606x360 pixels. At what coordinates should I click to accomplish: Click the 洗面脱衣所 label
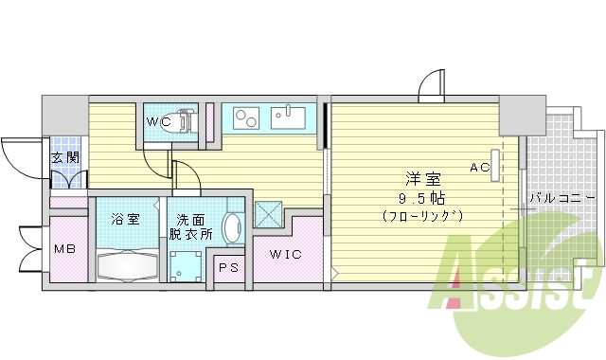190,226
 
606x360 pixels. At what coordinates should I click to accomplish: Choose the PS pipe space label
229,268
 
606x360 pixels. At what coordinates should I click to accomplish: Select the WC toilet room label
159,122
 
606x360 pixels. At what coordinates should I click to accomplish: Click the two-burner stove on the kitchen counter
246,119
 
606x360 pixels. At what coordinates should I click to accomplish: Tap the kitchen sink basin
289,119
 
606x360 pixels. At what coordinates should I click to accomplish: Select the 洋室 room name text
422,177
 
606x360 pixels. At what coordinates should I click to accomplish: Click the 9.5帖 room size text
422,197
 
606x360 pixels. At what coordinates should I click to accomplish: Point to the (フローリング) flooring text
422,216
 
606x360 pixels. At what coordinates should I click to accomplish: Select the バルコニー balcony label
562,198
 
